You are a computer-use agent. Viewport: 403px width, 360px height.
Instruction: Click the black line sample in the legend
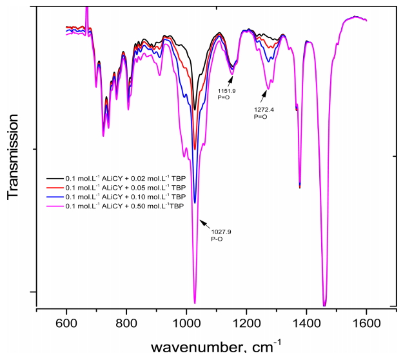[53, 176]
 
